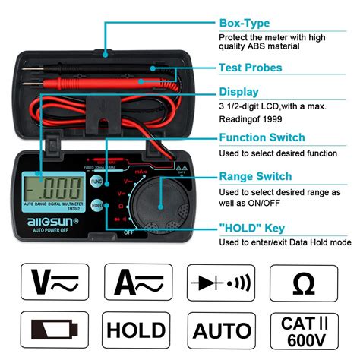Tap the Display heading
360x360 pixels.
point(240,91)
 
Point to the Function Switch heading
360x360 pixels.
point(262,137)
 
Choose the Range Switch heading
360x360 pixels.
point(255,176)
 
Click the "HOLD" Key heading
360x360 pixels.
point(252,226)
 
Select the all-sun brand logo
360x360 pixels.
point(48,220)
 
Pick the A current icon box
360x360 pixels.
point(137,283)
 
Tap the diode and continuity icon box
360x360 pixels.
point(220,283)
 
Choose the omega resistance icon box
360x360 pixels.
point(303,283)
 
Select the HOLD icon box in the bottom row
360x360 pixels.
point(137,330)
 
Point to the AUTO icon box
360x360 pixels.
point(220,330)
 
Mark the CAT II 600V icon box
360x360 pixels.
point(303,330)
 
